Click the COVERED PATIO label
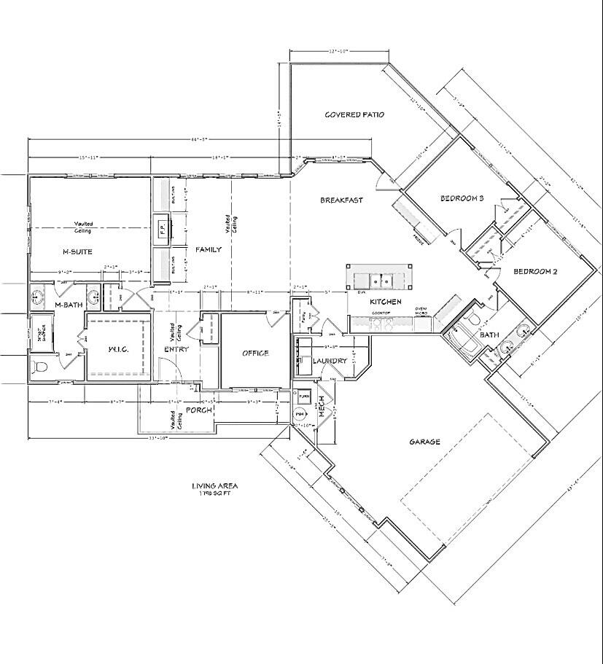(x=354, y=114)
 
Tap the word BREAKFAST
(x=341, y=200)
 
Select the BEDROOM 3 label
(x=462, y=198)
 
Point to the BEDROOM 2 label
(x=535, y=272)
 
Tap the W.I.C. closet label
(x=119, y=349)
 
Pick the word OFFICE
(x=255, y=354)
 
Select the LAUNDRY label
(x=329, y=361)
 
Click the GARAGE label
(x=424, y=441)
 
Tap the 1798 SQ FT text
(x=214, y=493)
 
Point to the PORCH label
(x=199, y=410)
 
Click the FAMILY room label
(x=208, y=249)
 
